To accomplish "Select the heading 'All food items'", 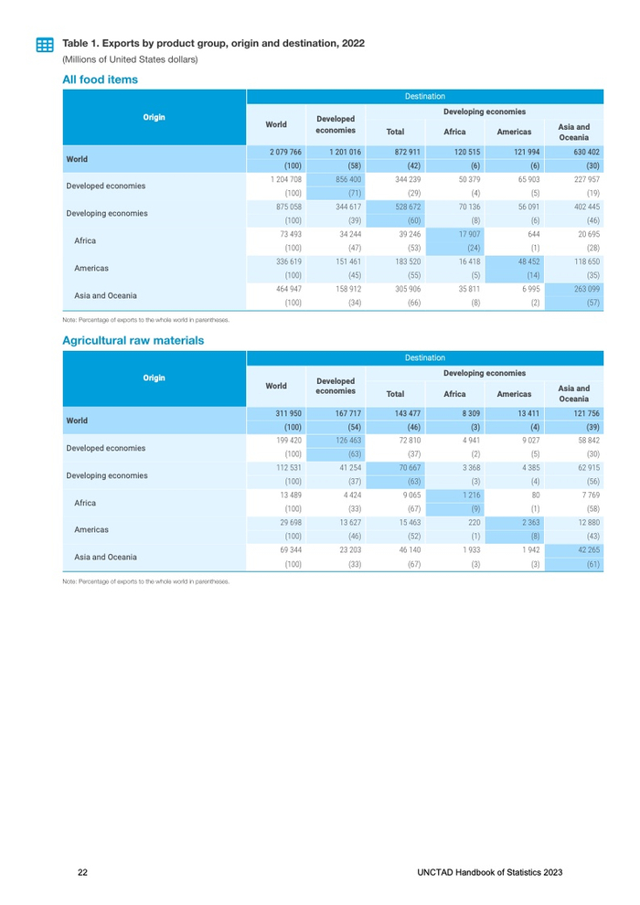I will pos(100,80).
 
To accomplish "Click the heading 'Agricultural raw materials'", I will pos(133,341).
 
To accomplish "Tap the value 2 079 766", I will pos(284,151).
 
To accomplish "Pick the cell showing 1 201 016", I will pos(345,151).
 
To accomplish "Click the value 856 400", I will pos(347,179).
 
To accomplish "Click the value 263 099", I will pos(584,289).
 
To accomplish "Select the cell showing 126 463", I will pos(347,441).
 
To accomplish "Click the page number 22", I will pos(82,873).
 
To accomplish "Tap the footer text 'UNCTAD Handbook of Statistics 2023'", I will pos(488,873).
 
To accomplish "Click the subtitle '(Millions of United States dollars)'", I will pos(130,59).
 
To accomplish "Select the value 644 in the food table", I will pos(529,234).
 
